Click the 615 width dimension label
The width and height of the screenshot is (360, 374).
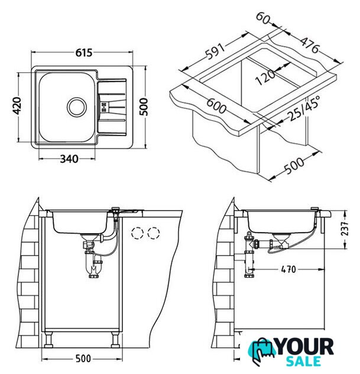coord(84,53)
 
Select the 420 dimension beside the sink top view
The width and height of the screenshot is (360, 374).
coord(17,106)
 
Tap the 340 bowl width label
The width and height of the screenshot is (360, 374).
coord(69,159)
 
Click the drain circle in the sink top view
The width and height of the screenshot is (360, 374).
coord(76,107)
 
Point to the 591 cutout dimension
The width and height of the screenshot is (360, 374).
coord(215,51)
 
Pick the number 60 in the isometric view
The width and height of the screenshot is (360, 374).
coord(262,18)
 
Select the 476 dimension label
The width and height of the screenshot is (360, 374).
coord(309,45)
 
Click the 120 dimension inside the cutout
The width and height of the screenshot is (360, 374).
coord(265,78)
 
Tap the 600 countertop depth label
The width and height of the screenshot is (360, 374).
coord(216,106)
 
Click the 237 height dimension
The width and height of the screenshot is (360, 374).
coord(345,229)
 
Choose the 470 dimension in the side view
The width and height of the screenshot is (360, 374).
coord(288,269)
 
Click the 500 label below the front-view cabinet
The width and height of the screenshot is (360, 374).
coord(83,359)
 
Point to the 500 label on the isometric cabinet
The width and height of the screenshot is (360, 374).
coord(294,165)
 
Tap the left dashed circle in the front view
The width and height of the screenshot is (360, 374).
coord(137,233)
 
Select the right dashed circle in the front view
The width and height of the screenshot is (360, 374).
coord(154,233)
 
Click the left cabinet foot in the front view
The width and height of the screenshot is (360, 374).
coord(49,340)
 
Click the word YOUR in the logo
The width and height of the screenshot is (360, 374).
coord(305,347)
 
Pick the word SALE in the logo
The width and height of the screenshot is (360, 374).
coord(303,361)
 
